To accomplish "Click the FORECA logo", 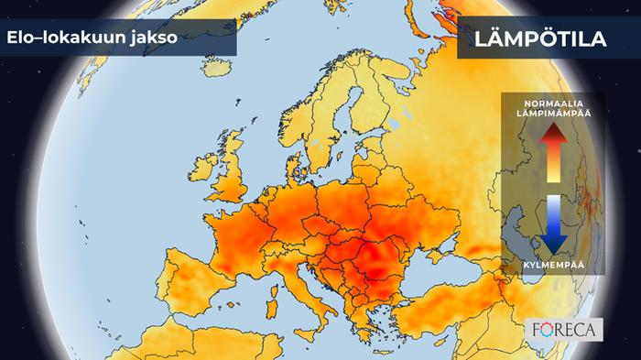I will point(565,328).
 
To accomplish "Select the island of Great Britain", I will point(239,179).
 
